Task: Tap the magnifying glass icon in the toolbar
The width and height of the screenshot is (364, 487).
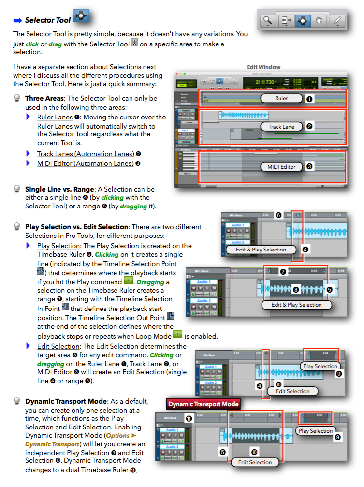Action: (x=266, y=21)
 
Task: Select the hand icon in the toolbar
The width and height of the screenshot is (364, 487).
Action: (x=320, y=21)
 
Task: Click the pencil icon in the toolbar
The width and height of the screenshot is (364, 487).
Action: (x=338, y=21)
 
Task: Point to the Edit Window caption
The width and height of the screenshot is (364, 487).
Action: (x=263, y=67)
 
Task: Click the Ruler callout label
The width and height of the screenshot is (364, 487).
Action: (x=281, y=98)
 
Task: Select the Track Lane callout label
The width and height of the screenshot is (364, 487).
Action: (x=281, y=127)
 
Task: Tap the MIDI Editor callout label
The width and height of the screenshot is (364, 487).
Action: (x=281, y=167)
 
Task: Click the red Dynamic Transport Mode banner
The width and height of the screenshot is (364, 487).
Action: (x=204, y=404)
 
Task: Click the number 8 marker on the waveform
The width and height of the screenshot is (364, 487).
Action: (x=296, y=290)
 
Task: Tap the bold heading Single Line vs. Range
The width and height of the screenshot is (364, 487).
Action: (x=58, y=189)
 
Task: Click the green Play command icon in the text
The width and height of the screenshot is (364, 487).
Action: (x=128, y=281)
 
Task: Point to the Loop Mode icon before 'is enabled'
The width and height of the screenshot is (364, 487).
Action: (x=177, y=335)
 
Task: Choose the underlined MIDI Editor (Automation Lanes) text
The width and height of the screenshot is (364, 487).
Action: (x=85, y=163)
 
